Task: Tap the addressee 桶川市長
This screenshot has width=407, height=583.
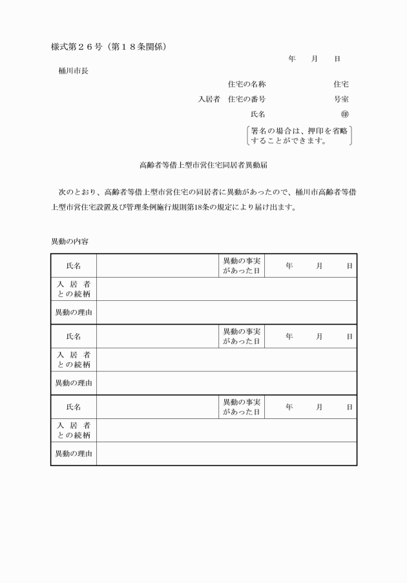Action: click(x=73, y=71)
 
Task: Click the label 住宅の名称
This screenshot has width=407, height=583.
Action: click(x=247, y=85)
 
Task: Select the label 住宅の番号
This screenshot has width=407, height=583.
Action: click(x=247, y=99)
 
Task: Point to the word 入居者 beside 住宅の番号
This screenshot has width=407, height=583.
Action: click(x=209, y=99)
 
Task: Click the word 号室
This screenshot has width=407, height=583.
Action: click(x=341, y=99)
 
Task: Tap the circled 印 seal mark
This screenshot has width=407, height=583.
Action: click(x=344, y=114)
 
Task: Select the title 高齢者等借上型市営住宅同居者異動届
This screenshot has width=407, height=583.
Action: click(x=203, y=165)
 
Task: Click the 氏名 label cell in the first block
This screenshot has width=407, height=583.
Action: click(x=74, y=265)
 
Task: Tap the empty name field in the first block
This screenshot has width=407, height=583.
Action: click(x=156, y=265)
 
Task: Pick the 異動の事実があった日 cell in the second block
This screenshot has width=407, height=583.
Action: click(x=241, y=336)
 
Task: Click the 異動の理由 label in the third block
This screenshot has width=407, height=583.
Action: click(x=74, y=454)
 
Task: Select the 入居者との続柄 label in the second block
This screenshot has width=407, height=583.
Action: click(x=74, y=360)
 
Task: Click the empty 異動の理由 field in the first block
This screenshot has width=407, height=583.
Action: click(x=226, y=312)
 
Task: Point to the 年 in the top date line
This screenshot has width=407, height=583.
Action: click(x=292, y=59)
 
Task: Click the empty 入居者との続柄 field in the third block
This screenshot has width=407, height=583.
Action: click(x=226, y=431)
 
